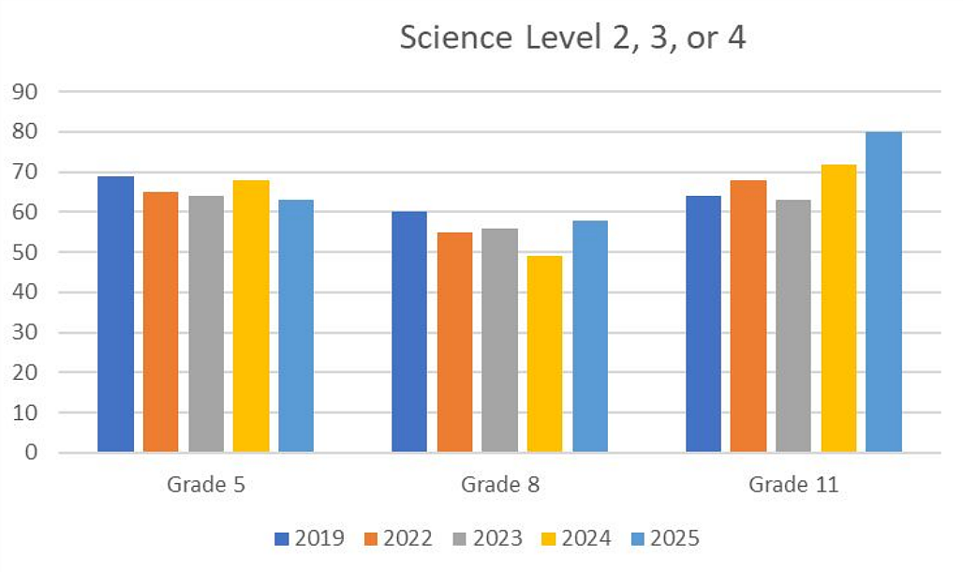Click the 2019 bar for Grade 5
116,314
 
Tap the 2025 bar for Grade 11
883,292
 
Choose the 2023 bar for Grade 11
793,325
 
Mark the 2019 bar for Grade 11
703,324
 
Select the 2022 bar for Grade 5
161,322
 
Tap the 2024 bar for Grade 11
838,308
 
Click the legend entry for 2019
310,538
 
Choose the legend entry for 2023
488,538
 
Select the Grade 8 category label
499,485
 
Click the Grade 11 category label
793,485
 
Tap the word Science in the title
455,39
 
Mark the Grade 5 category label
206,485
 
